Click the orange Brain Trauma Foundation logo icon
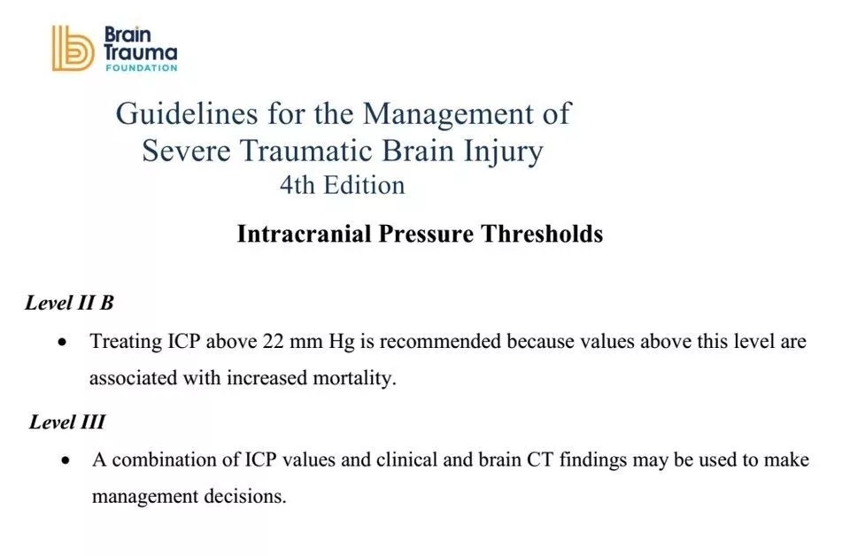[73, 48]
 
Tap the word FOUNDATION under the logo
[142, 68]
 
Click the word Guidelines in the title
[187, 115]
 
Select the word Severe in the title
[187, 151]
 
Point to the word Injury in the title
[503, 152]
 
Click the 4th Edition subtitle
[342, 185]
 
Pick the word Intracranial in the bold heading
[304, 234]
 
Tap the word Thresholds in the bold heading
[542, 234]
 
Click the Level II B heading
[69, 303]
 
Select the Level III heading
[66, 421]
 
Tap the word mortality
[354, 378]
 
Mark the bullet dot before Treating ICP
[63, 343]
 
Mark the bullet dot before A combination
[66, 461]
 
